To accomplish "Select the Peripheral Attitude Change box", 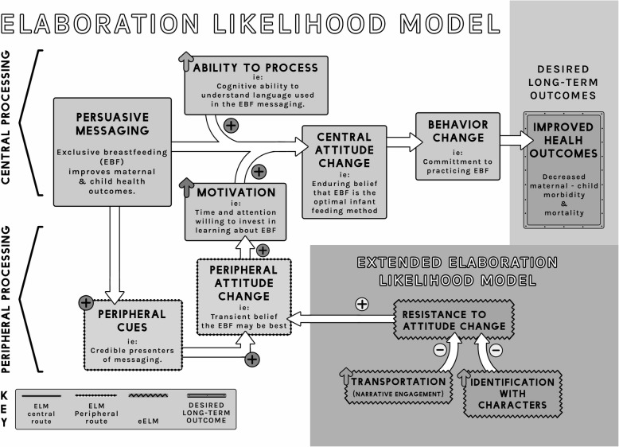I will [x=243, y=296].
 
